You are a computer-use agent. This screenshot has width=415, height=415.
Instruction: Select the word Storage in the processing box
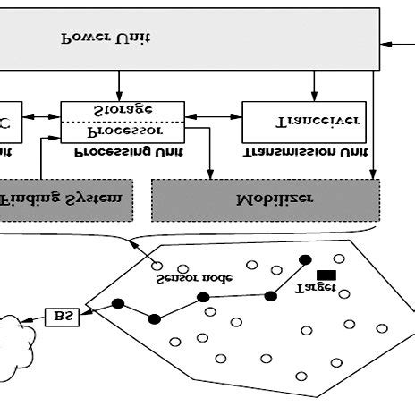pos(123,110)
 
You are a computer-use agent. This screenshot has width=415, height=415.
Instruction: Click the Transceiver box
pos(305,122)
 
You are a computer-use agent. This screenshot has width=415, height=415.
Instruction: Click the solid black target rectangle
pos(326,274)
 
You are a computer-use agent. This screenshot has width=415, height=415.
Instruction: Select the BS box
pos(62,316)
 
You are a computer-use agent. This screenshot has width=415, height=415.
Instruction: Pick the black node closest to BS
pos(117,304)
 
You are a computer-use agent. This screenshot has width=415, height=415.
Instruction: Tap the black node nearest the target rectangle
pos(305,259)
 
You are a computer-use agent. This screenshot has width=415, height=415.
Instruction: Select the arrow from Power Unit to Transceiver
pos(313,86)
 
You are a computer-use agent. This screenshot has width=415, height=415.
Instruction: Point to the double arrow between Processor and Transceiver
pos(214,115)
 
